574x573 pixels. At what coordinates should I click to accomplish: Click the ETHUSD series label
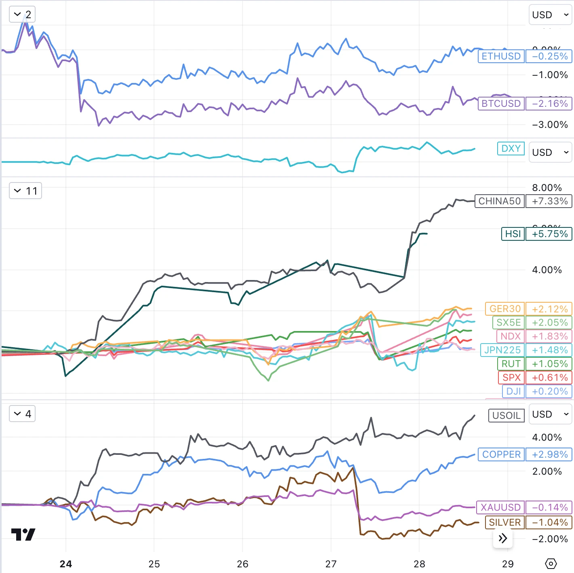[x=501, y=56]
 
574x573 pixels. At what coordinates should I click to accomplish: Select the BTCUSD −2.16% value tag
[x=549, y=104]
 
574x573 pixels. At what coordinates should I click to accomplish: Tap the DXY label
[x=511, y=149]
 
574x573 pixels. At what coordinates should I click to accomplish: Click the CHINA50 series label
[x=499, y=201]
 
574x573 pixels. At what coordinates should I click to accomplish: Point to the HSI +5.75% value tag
[x=549, y=234]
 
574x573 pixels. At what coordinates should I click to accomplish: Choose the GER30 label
[x=504, y=309]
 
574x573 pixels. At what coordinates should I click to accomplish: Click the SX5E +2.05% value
[x=549, y=323]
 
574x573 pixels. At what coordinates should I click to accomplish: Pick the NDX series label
[x=510, y=336]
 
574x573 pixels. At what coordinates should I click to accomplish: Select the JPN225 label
[x=502, y=350]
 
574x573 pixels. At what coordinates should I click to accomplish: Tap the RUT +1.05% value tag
[x=549, y=364]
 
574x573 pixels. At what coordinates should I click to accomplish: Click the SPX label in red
[x=511, y=378]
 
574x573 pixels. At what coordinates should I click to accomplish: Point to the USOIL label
[x=506, y=416]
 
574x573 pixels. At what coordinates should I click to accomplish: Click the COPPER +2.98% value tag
[x=549, y=454]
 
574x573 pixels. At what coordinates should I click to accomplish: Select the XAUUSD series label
[x=500, y=507]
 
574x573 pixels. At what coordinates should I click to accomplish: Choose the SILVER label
[x=504, y=522]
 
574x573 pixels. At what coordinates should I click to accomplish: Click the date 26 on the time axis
[x=243, y=564]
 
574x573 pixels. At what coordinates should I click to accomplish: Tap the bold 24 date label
[x=65, y=564]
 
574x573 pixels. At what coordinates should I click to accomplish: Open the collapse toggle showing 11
[x=25, y=191]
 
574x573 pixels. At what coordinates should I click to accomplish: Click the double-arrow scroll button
[x=502, y=538]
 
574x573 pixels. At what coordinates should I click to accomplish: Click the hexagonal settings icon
[x=551, y=564]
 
